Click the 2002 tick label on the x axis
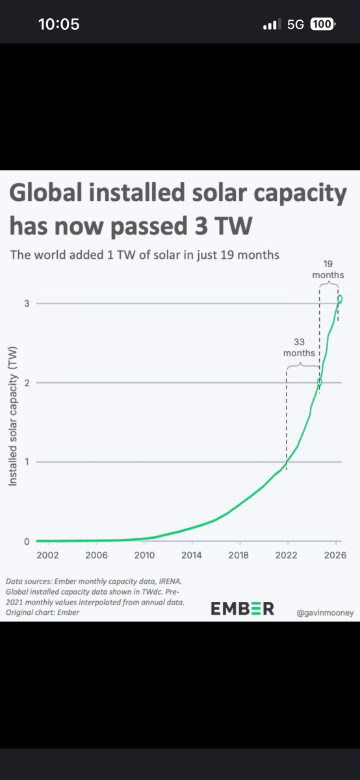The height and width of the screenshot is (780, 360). point(47,555)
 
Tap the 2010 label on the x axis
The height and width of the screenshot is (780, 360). point(144,555)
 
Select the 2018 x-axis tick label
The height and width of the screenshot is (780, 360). point(238,555)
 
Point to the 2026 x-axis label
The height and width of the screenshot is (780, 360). point(335,555)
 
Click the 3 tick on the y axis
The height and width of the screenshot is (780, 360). point(27,304)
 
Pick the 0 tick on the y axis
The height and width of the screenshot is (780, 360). point(27,541)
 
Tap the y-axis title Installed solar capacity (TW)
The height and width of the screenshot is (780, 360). point(13,416)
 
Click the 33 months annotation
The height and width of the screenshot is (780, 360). point(299,348)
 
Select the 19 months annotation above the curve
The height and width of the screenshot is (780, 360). point(328,270)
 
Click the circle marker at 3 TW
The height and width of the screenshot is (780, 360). point(340,299)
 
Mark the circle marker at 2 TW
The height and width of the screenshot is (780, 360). point(320,382)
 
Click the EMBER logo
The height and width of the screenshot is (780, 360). point(242,609)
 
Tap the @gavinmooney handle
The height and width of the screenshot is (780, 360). point(325,613)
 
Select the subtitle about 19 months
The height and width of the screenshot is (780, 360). point(145,255)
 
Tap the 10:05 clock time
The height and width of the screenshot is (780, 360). point(59,25)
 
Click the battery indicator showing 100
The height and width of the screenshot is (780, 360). point(322,24)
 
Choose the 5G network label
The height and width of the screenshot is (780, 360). point(296,25)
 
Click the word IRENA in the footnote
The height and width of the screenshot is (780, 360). point(170,581)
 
